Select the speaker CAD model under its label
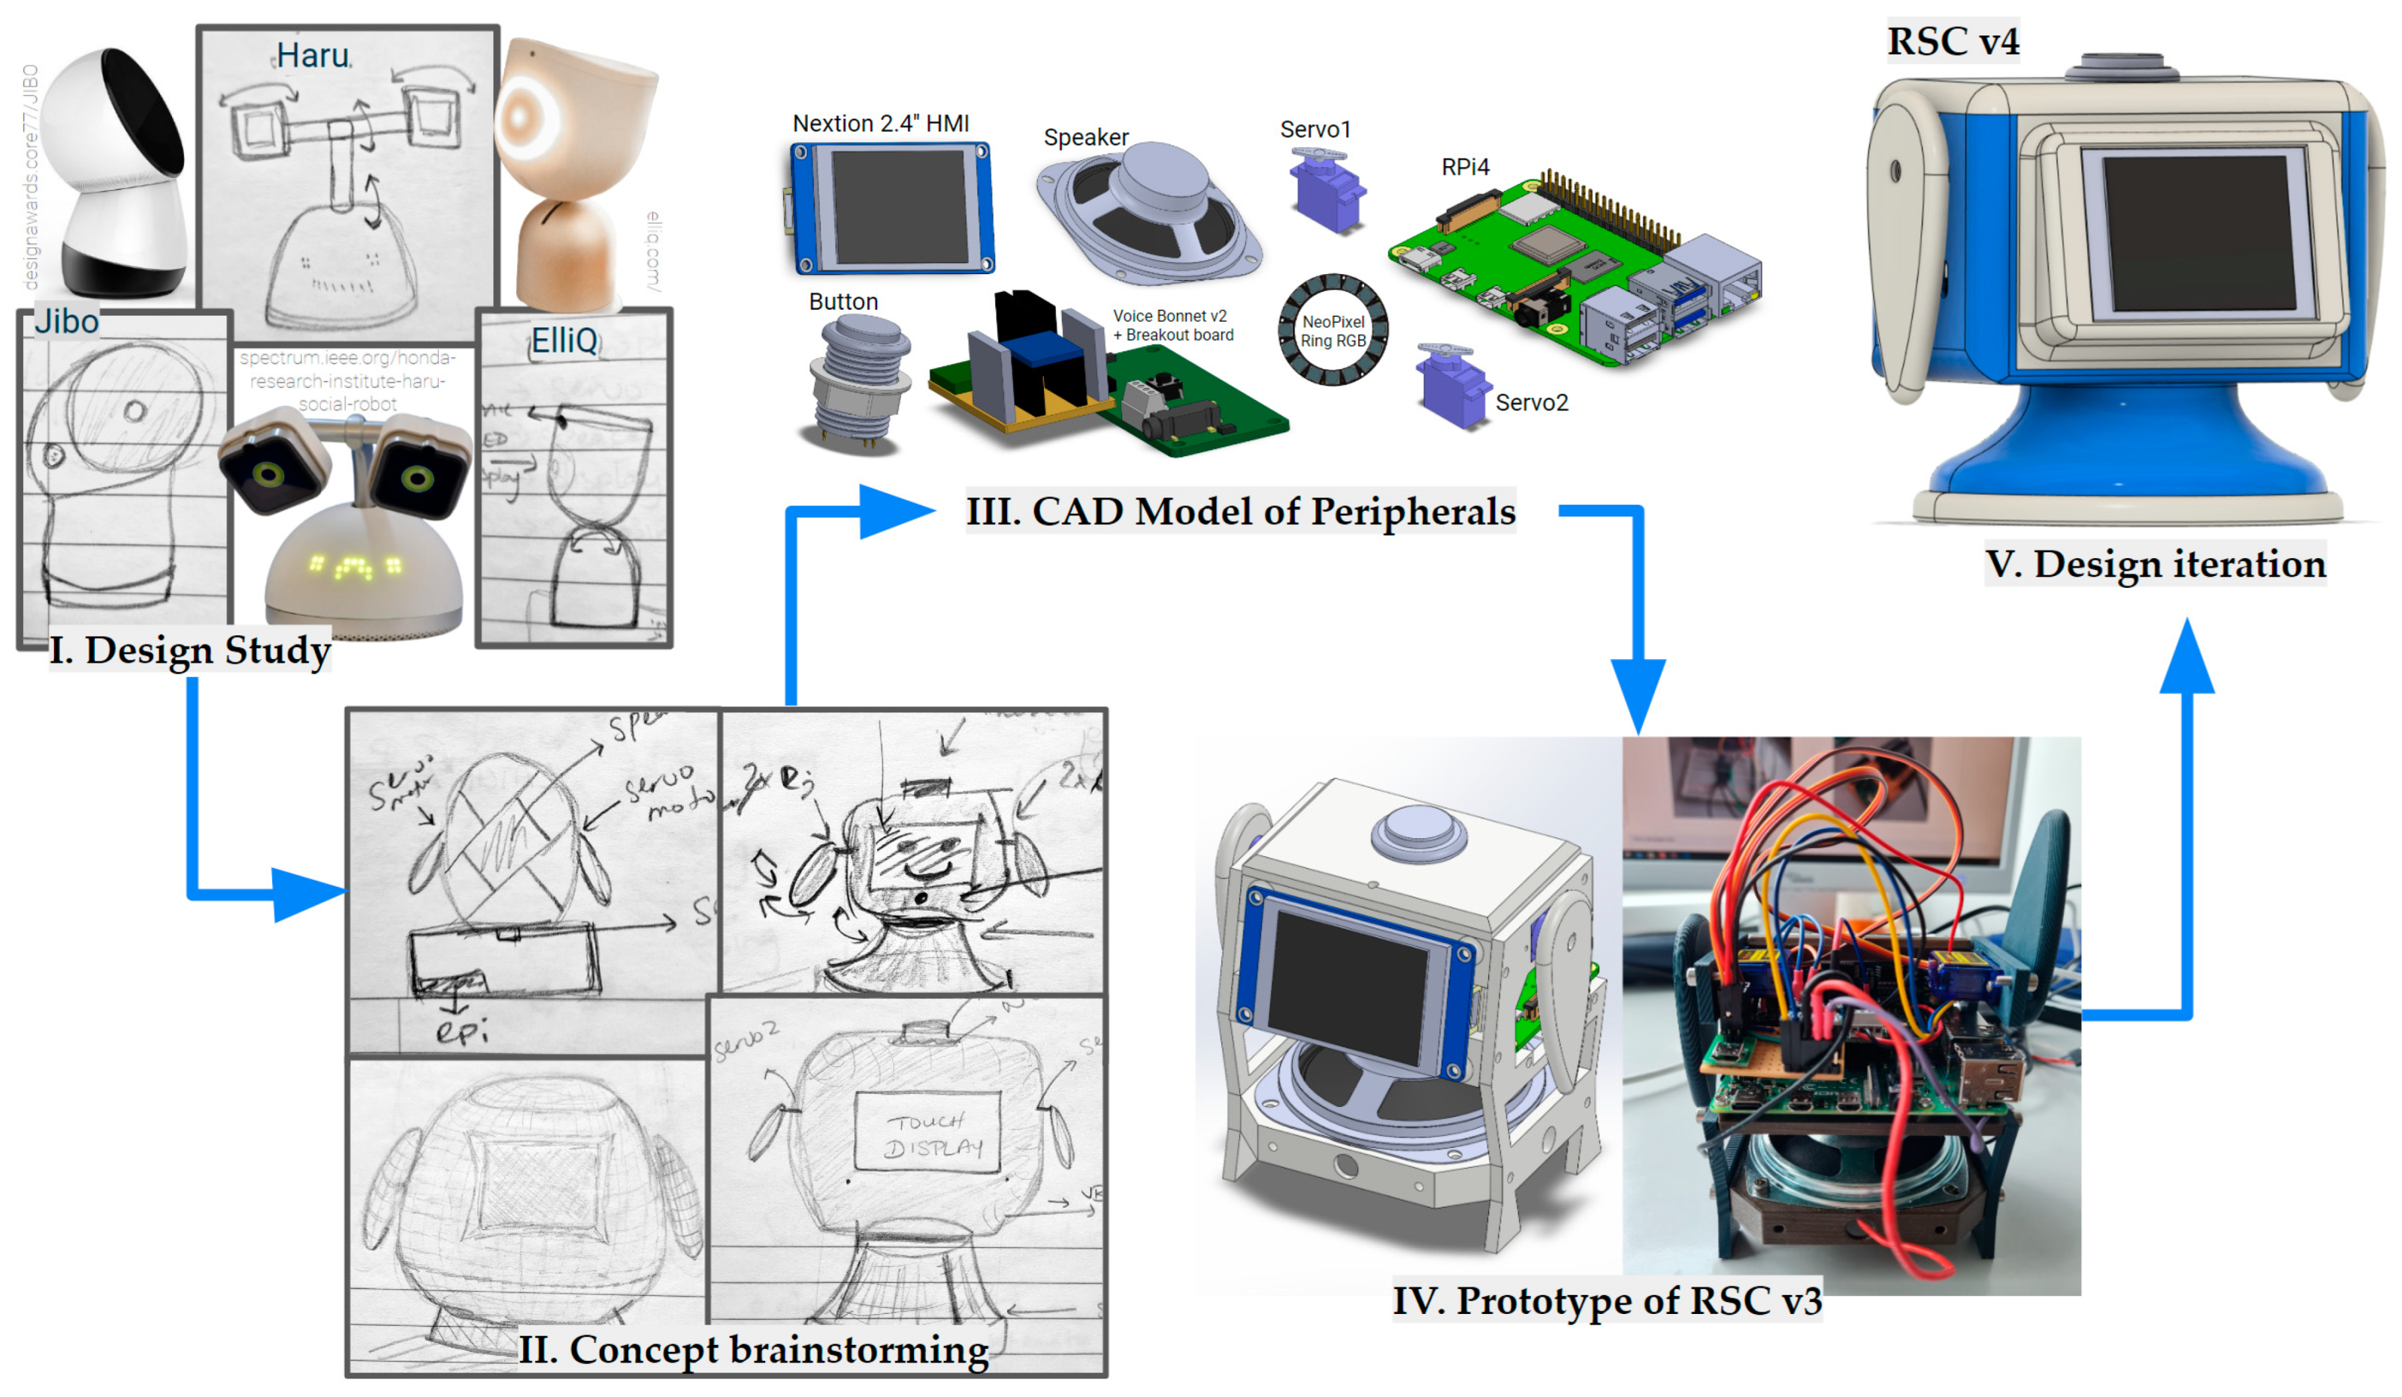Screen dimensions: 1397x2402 [1149, 212]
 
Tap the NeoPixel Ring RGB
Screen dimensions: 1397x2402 [1332, 329]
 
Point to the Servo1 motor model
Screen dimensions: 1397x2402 [1326, 190]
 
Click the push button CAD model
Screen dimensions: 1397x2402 [858, 381]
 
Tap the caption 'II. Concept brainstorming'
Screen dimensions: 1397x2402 [753, 1350]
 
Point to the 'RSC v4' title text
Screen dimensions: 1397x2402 [1953, 41]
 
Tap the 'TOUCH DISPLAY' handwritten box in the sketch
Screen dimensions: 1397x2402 [925, 1134]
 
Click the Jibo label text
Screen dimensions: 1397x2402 [67, 322]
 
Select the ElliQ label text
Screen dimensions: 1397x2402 [564, 340]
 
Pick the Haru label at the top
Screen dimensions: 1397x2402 [312, 55]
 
